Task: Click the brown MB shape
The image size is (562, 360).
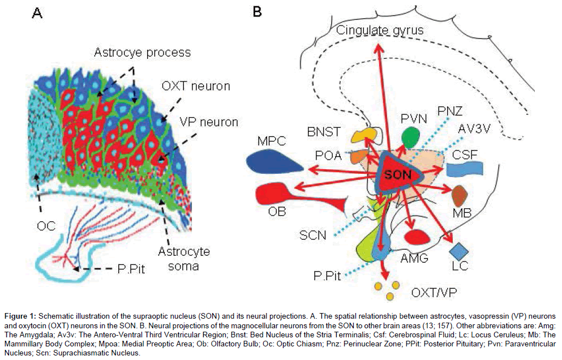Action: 460,195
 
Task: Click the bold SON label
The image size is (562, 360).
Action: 397,175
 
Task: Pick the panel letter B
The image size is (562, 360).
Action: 257,11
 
